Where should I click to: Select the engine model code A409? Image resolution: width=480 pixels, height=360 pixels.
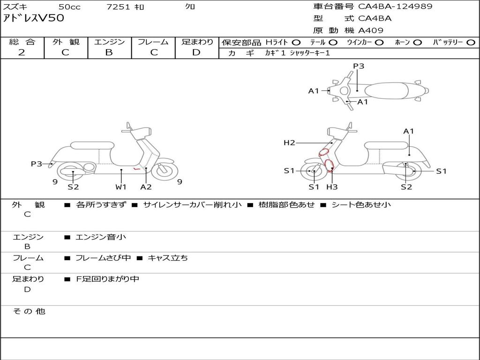pos(371,30)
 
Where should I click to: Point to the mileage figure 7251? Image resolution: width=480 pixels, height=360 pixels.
pos(119,7)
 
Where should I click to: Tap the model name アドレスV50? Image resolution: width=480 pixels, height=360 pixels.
pos(34,19)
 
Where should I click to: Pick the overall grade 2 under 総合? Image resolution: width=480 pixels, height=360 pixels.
pos(22,52)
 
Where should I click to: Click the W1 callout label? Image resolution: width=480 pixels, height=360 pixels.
pos(121,187)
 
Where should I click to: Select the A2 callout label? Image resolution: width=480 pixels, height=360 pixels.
pos(146,187)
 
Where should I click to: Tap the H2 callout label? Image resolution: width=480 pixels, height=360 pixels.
pos(289,143)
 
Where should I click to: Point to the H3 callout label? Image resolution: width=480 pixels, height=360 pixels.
pos(332,187)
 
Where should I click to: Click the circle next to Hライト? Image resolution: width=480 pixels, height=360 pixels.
pos(296,43)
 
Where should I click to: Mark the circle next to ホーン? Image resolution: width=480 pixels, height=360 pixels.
pos(417,43)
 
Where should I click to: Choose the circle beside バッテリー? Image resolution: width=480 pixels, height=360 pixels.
pos(471,43)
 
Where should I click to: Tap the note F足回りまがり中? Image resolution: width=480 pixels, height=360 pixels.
pos(108,279)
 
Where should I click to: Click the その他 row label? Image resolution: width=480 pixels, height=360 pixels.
pos(29,311)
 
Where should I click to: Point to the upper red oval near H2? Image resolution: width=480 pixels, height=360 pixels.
pos(324,152)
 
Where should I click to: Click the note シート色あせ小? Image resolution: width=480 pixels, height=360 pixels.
pos(361,205)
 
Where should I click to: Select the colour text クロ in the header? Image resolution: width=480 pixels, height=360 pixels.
pos(190,7)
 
